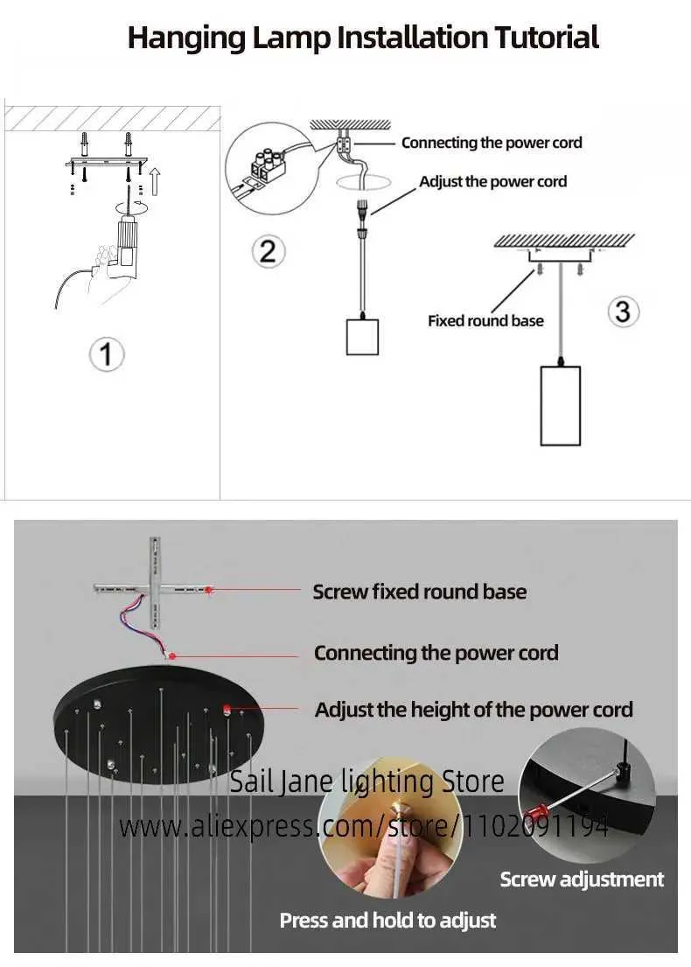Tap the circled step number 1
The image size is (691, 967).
[107, 354]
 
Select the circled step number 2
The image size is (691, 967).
[268, 251]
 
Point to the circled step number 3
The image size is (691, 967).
[622, 311]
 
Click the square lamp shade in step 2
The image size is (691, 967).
[362, 336]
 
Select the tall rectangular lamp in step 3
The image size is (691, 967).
[560, 405]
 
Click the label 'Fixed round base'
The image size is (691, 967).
[485, 320]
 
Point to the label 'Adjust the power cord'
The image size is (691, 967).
[492, 182]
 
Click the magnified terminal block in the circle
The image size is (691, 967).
[262, 167]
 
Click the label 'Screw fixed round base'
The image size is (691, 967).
[420, 592]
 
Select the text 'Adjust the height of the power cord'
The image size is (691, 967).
[473, 710]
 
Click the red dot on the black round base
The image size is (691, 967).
[227, 709]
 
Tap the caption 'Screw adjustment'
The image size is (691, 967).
[582, 879]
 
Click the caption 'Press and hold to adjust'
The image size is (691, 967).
[387, 920]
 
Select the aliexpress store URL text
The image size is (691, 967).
[363, 824]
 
